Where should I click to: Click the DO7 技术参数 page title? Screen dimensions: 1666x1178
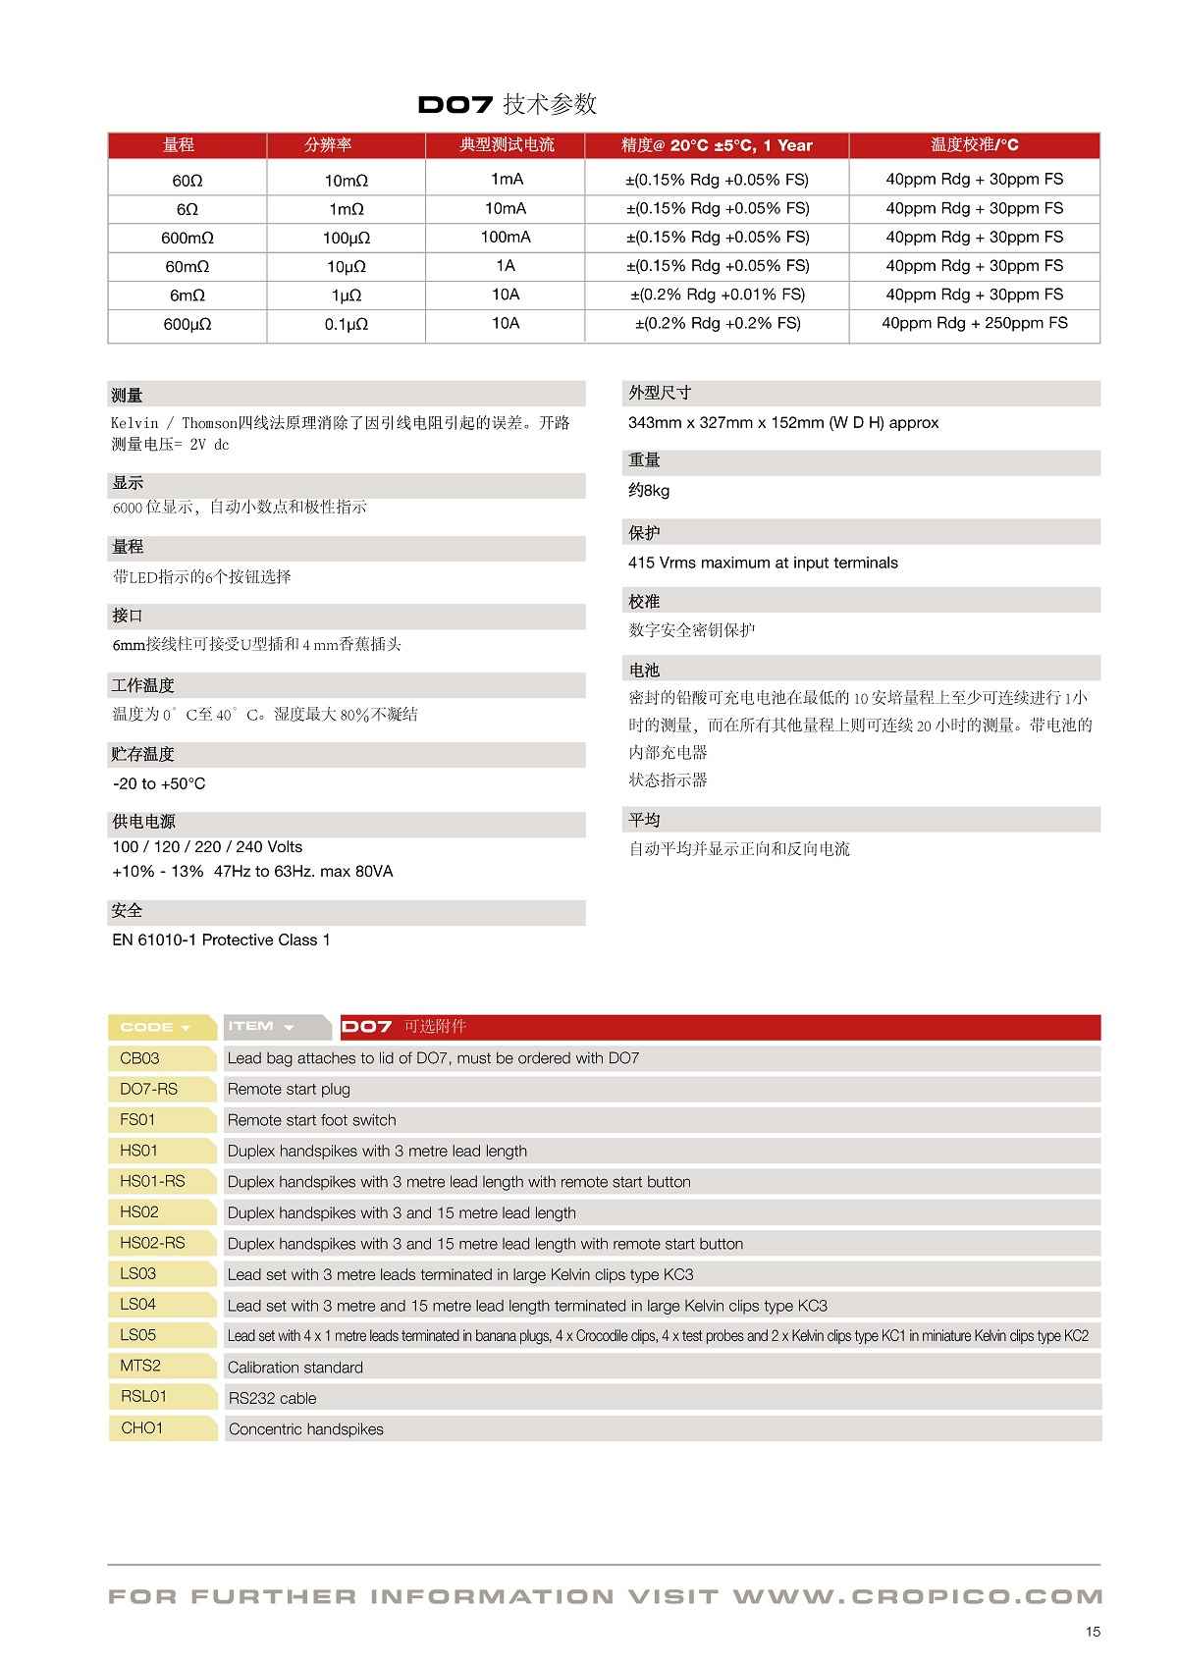[x=507, y=104]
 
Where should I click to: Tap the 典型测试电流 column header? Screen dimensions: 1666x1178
[x=506, y=145]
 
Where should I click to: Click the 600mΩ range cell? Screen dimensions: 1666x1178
[x=187, y=238]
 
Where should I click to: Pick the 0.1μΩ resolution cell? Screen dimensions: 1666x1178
[x=346, y=324]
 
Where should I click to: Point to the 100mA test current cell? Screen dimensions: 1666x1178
[x=506, y=237]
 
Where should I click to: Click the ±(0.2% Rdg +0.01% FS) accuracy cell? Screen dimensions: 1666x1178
[x=717, y=295]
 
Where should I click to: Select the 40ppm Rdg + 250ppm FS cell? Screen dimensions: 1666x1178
[x=974, y=323]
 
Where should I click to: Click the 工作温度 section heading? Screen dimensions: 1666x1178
[x=143, y=685]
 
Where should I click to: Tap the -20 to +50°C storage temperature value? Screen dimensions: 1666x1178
[x=159, y=783]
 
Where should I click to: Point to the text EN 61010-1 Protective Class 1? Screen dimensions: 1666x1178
[x=221, y=940]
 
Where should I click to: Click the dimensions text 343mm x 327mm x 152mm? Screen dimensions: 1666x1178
[x=782, y=423]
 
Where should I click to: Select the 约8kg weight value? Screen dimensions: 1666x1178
[x=649, y=491]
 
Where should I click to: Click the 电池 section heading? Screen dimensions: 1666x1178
[x=644, y=671]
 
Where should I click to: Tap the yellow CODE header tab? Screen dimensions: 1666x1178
[x=154, y=1027]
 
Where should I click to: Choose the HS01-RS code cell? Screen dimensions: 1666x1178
[x=152, y=1181]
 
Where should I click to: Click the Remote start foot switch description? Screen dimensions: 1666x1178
[x=311, y=1120]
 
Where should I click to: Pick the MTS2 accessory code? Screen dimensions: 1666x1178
[x=140, y=1366]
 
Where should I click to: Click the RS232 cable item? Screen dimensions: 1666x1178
[x=272, y=1398]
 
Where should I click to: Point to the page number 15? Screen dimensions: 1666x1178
[x=1093, y=1632]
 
